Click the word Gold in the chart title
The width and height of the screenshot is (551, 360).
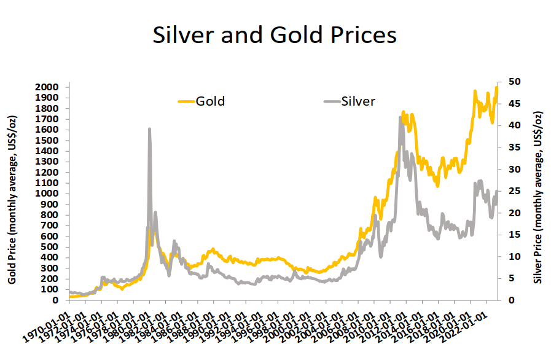tap(292, 35)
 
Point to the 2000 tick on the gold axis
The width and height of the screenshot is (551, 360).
tap(47, 87)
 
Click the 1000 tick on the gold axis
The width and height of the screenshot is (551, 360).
tap(47, 194)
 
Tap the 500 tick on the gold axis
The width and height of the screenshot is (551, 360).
tap(49, 247)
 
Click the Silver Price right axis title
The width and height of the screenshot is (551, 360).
tap(538, 197)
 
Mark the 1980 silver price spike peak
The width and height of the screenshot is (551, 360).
tap(150, 128)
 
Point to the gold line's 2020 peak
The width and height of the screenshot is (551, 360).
tap(475, 91)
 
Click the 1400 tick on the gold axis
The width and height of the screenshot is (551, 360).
tap(47, 151)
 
